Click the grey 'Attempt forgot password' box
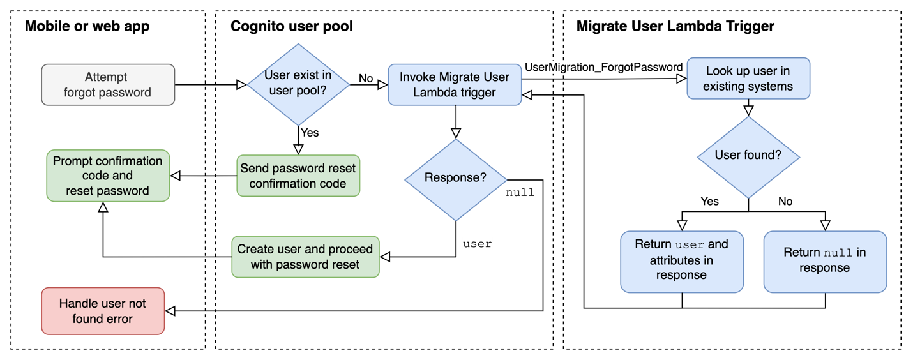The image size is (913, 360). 108,84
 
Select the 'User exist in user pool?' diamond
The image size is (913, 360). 298,84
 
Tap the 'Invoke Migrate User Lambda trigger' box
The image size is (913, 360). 455,84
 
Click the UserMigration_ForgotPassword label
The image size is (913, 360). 604,67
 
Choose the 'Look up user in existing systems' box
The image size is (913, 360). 748,79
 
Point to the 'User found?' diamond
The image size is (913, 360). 748,155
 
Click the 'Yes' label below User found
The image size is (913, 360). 709,202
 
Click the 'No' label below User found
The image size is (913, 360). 785,202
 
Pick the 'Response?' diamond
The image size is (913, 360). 455,179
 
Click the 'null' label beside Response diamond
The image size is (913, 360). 520,192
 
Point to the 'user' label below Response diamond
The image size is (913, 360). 477,244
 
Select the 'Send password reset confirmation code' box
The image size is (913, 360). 298,176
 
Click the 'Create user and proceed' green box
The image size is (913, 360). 305,257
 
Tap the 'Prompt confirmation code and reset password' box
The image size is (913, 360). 108,176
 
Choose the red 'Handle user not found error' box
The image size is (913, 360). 103,311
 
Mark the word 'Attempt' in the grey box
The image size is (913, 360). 106,77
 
